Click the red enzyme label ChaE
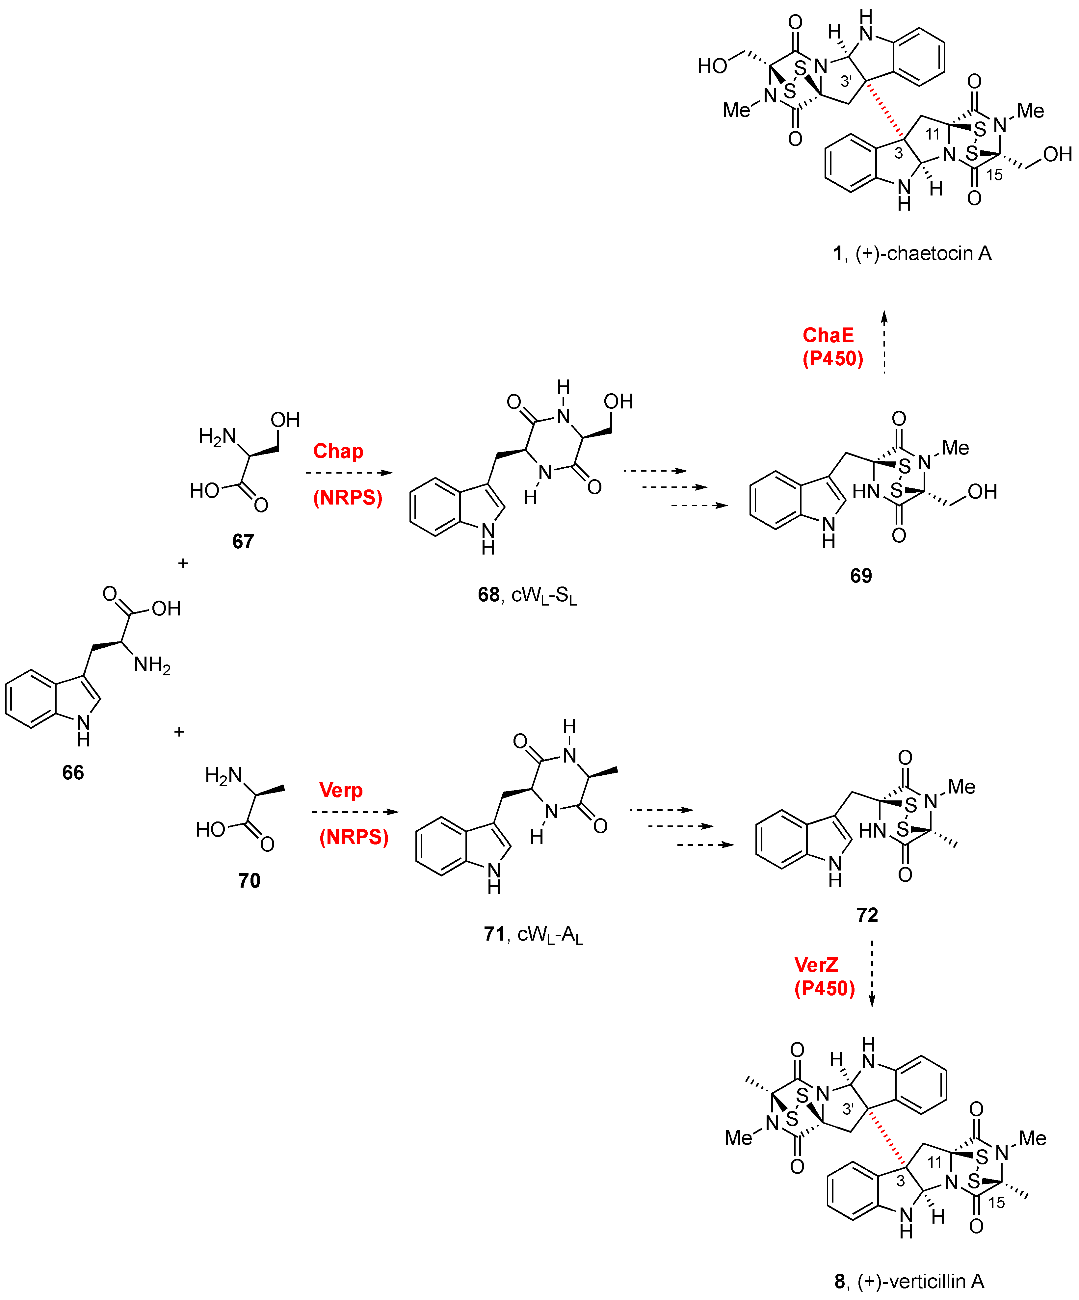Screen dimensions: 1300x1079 [828, 335]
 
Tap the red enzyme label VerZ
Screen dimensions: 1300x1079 [816, 965]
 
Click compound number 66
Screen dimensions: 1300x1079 [73, 772]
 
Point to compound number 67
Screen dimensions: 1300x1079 [243, 542]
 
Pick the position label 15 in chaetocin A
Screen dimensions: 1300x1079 [994, 175]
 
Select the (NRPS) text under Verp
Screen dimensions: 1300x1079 [354, 837]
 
